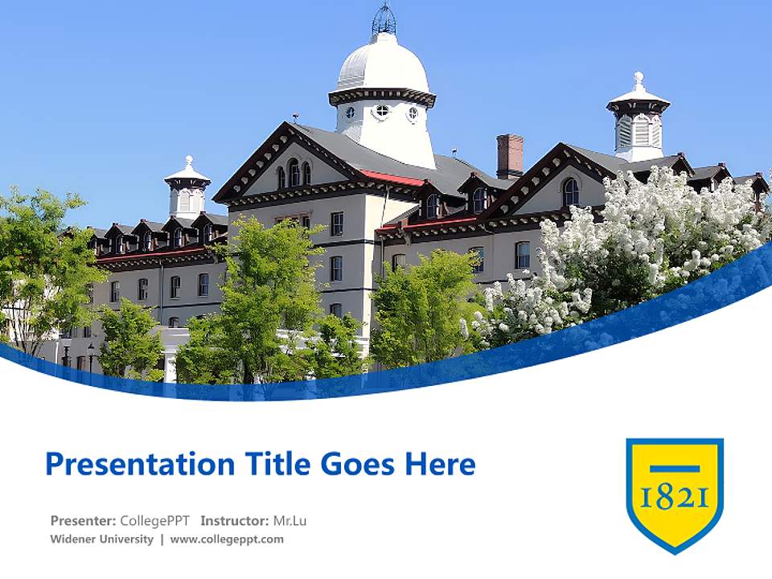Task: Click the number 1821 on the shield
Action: [x=675, y=499]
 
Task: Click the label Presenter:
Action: [x=83, y=520]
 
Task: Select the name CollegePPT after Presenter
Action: [x=156, y=520]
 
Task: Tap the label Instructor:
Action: [x=234, y=520]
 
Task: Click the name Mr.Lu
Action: [x=289, y=520]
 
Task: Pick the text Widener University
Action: [x=101, y=539]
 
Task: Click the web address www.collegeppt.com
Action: [x=227, y=539]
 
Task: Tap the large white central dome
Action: [x=383, y=64]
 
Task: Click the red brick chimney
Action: [x=510, y=155]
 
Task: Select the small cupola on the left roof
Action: [x=187, y=189]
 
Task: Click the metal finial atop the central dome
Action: [x=384, y=19]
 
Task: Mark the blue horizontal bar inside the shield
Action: [x=675, y=469]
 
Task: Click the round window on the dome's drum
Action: [x=382, y=111]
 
